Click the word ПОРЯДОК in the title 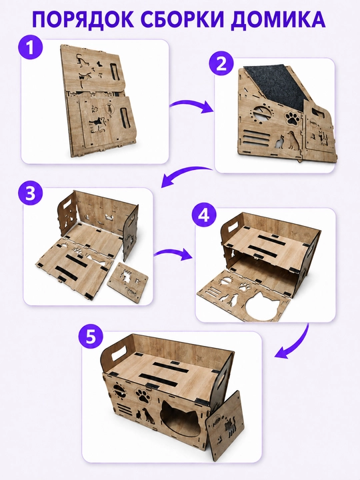(x=83, y=19)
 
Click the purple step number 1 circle (x=31, y=48)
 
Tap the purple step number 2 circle (x=221, y=65)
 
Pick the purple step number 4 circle (x=204, y=215)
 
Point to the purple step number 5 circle (x=91, y=337)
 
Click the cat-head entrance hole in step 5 (x=181, y=419)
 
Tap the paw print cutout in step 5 (x=143, y=395)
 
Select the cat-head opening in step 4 (x=263, y=306)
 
